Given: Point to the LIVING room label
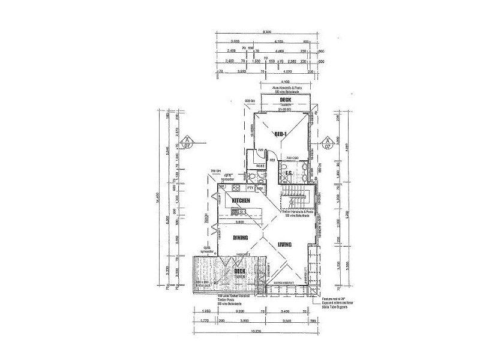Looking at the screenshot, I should click(x=284, y=245).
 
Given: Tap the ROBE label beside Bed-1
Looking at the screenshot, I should click(x=261, y=166).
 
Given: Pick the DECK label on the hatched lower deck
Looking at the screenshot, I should click(x=240, y=272).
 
